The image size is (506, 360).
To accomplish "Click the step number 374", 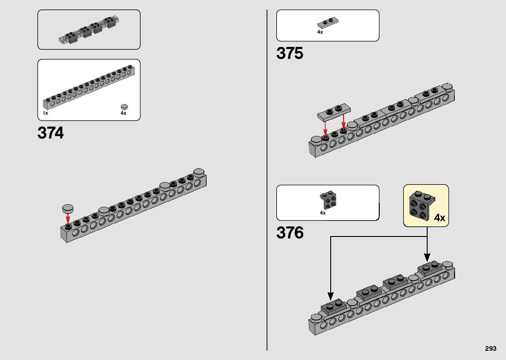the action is click(x=51, y=133).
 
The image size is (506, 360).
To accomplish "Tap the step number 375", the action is click(x=290, y=53).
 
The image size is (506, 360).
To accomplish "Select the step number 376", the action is click(x=290, y=233).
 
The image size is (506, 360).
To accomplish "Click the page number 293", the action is click(x=491, y=349).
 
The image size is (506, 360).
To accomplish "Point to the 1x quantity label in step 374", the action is click(x=45, y=113).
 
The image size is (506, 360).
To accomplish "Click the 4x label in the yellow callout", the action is click(x=440, y=218).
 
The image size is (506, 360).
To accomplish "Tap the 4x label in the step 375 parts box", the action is click(x=320, y=32).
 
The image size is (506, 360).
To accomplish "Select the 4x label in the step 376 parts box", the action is click(x=323, y=213).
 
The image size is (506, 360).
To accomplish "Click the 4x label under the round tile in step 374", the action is click(x=123, y=113).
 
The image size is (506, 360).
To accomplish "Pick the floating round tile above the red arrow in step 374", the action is click(x=68, y=208).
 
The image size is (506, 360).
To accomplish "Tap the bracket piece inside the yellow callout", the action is click(x=421, y=205).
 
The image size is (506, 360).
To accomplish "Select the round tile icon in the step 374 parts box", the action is click(x=124, y=106).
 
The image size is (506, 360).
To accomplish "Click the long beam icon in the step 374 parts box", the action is click(x=89, y=87).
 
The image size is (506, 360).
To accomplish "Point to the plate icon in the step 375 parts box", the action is click(x=328, y=23).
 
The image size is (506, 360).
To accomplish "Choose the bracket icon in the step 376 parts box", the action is click(x=328, y=200).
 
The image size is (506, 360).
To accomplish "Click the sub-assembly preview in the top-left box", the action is click(x=89, y=30).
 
